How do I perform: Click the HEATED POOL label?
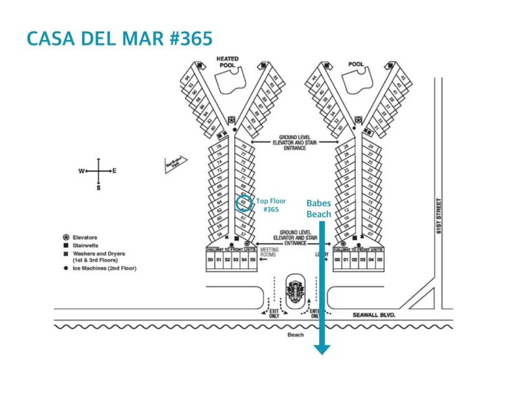pos(228,61)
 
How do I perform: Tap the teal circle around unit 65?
pos(244,203)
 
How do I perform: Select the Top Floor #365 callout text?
pos(270,206)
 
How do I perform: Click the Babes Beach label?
pos(318,209)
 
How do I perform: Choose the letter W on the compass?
pos(81,171)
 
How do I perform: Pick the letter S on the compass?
pos(98,187)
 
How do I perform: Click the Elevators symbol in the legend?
pos(65,237)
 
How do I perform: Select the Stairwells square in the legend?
pos(65,246)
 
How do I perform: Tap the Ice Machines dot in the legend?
pos(65,269)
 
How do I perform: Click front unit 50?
pos(211,259)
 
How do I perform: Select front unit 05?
pos(380,259)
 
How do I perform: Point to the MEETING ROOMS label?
pos(269,252)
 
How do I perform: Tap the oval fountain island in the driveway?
pos(295,290)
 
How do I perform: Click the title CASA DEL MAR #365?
pos(120,38)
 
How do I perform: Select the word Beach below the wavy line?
pos(295,335)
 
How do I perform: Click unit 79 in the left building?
pos(244,147)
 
